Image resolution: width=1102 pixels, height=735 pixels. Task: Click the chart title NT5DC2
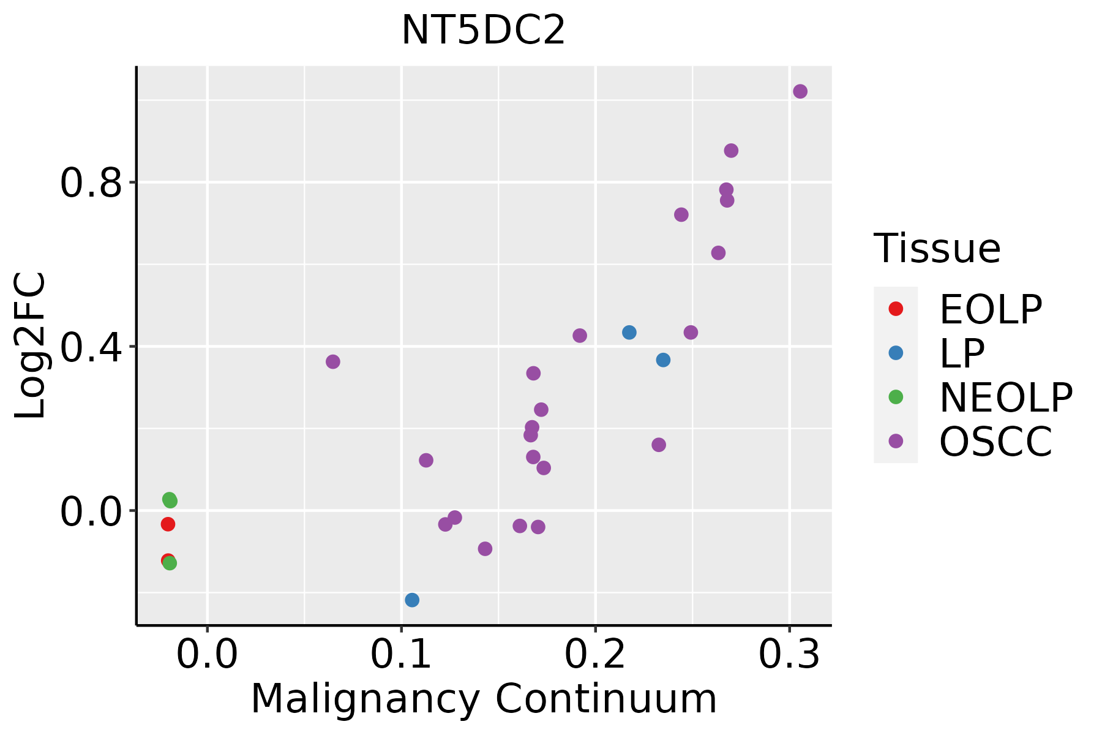pyautogui.click(x=483, y=31)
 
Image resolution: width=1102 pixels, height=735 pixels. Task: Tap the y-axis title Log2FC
pyautogui.click(x=31, y=345)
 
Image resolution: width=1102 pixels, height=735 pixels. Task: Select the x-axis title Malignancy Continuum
pyautogui.click(x=484, y=699)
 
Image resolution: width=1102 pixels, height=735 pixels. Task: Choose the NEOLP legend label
pyautogui.click(x=1005, y=398)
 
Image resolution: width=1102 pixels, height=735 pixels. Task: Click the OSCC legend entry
pyautogui.click(x=995, y=442)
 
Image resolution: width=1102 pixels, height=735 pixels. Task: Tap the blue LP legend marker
pyautogui.click(x=896, y=353)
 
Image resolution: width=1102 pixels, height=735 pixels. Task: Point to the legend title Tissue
pyautogui.click(x=937, y=249)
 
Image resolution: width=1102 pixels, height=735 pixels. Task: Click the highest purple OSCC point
pyautogui.click(x=800, y=92)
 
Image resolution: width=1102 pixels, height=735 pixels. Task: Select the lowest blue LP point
pyautogui.click(x=412, y=600)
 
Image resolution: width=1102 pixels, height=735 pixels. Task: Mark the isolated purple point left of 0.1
pyautogui.click(x=332, y=362)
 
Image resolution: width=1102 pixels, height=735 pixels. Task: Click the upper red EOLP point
pyautogui.click(x=168, y=524)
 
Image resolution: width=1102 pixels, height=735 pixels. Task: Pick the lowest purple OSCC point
pyautogui.click(x=485, y=549)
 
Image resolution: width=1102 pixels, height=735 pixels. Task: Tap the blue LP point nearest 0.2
pyautogui.click(x=629, y=333)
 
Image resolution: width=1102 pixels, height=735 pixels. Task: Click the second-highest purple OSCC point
pyautogui.click(x=731, y=151)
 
